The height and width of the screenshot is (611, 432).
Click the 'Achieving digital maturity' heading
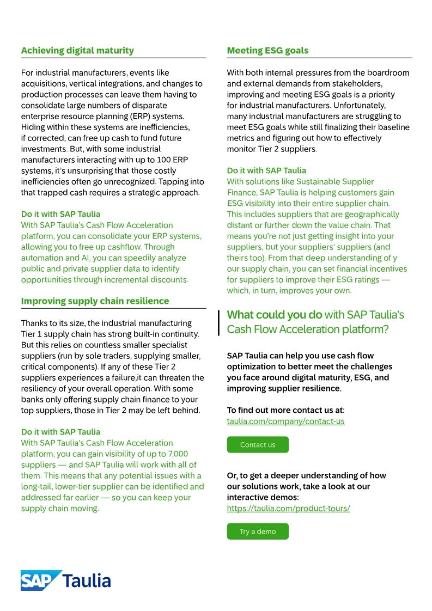click(77, 51)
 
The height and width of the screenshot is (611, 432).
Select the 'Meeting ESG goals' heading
click(267, 51)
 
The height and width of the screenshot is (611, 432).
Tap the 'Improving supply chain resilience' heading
click(95, 301)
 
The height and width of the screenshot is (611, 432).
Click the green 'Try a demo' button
click(258, 531)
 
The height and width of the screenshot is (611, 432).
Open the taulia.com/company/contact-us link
click(285, 421)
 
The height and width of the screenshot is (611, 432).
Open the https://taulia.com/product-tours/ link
click(288, 509)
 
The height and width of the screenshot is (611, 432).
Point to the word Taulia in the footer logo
click(87, 581)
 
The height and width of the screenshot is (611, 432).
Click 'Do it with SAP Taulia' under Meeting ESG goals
click(266, 170)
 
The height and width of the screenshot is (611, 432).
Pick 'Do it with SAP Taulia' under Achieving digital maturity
click(60, 214)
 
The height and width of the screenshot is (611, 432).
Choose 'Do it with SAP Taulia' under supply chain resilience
click(60, 432)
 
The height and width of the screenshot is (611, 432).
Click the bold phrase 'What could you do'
click(274, 315)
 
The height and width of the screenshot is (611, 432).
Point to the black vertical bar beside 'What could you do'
click(219, 322)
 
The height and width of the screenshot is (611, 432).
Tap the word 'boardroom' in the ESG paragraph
click(388, 73)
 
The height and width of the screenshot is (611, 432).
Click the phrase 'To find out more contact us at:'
click(285, 410)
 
